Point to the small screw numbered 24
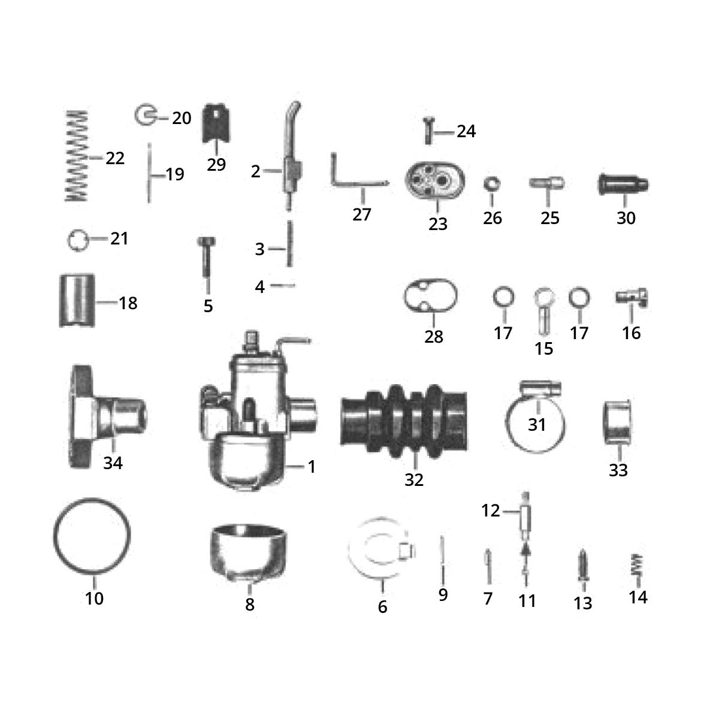click(428, 129)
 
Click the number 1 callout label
click(311, 466)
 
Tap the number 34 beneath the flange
click(113, 463)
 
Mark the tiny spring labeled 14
click(638, 564)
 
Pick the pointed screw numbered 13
click(582, 563)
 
